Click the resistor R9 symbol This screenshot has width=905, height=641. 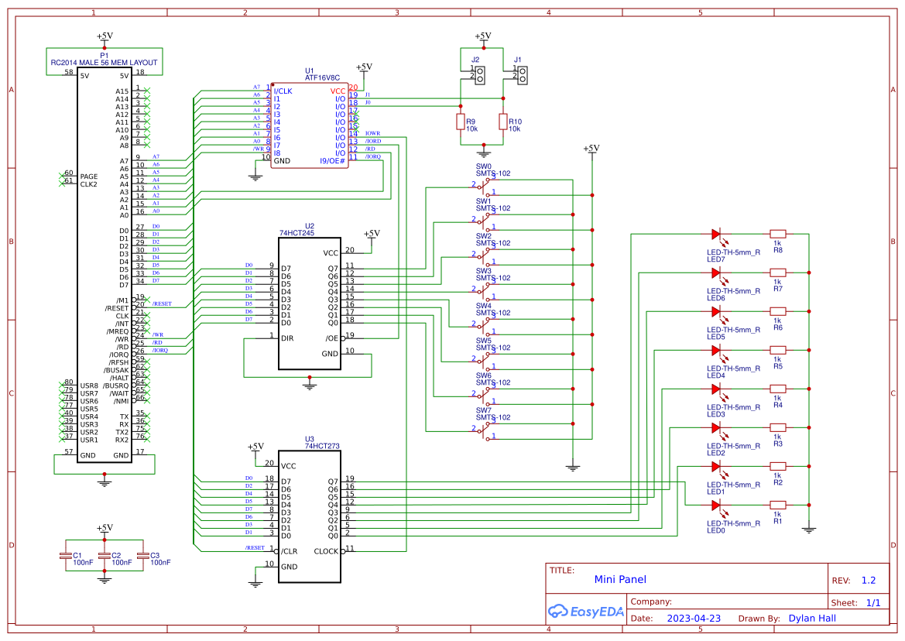(461, 122)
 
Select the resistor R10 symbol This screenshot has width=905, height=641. (503, 122)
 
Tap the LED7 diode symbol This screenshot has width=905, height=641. (715, 234)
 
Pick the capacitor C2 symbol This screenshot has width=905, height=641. (105, 556)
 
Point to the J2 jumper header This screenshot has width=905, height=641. (480, 75)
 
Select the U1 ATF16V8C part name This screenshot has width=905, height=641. (323, 77)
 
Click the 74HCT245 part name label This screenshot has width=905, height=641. (298, 232)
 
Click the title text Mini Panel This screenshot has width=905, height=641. (619, 579)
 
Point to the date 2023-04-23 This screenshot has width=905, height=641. (694, 619)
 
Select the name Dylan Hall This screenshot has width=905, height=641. (812, 619)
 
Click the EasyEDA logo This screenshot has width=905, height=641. (581, 611)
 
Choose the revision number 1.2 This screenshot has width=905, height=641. (868, 580)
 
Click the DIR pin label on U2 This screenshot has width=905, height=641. (287, 338)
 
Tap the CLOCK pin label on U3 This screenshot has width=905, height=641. (326, 552)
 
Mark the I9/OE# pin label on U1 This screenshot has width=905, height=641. (333, 161)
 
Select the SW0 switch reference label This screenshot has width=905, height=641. (483, 166)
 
